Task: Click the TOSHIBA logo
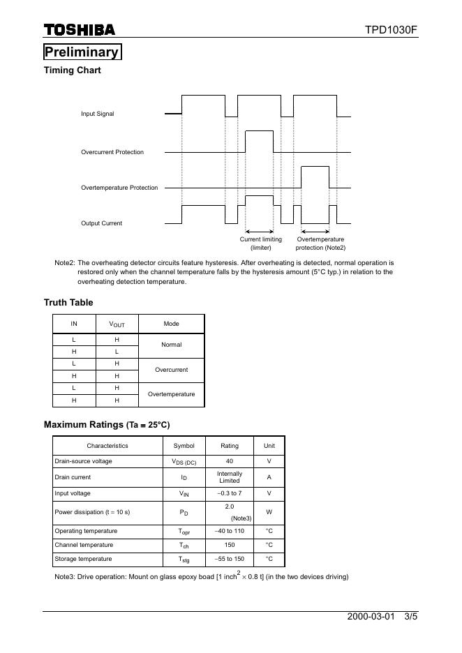click(80, 29)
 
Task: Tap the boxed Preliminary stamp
click(82, 52)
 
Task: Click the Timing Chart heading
click(73, 70)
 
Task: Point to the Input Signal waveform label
click(98, 114)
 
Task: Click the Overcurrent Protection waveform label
click(112, 152)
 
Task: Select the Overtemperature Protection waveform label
click(119, 188)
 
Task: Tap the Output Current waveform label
click(101, 223)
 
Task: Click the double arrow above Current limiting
click(259, 232)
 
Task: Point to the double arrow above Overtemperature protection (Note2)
click(315, 232)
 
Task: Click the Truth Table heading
click(68, 303)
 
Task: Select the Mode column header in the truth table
click(171, 324)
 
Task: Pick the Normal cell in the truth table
click(171, 345)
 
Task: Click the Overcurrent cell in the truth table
click(171, 370)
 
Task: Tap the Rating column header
click(229, 446)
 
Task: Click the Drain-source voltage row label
click(83, 461)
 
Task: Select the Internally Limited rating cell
click(229, 477)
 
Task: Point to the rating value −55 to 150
click(229, 559)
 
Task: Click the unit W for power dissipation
click(269, 512)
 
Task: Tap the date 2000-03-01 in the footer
click(371, 617)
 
